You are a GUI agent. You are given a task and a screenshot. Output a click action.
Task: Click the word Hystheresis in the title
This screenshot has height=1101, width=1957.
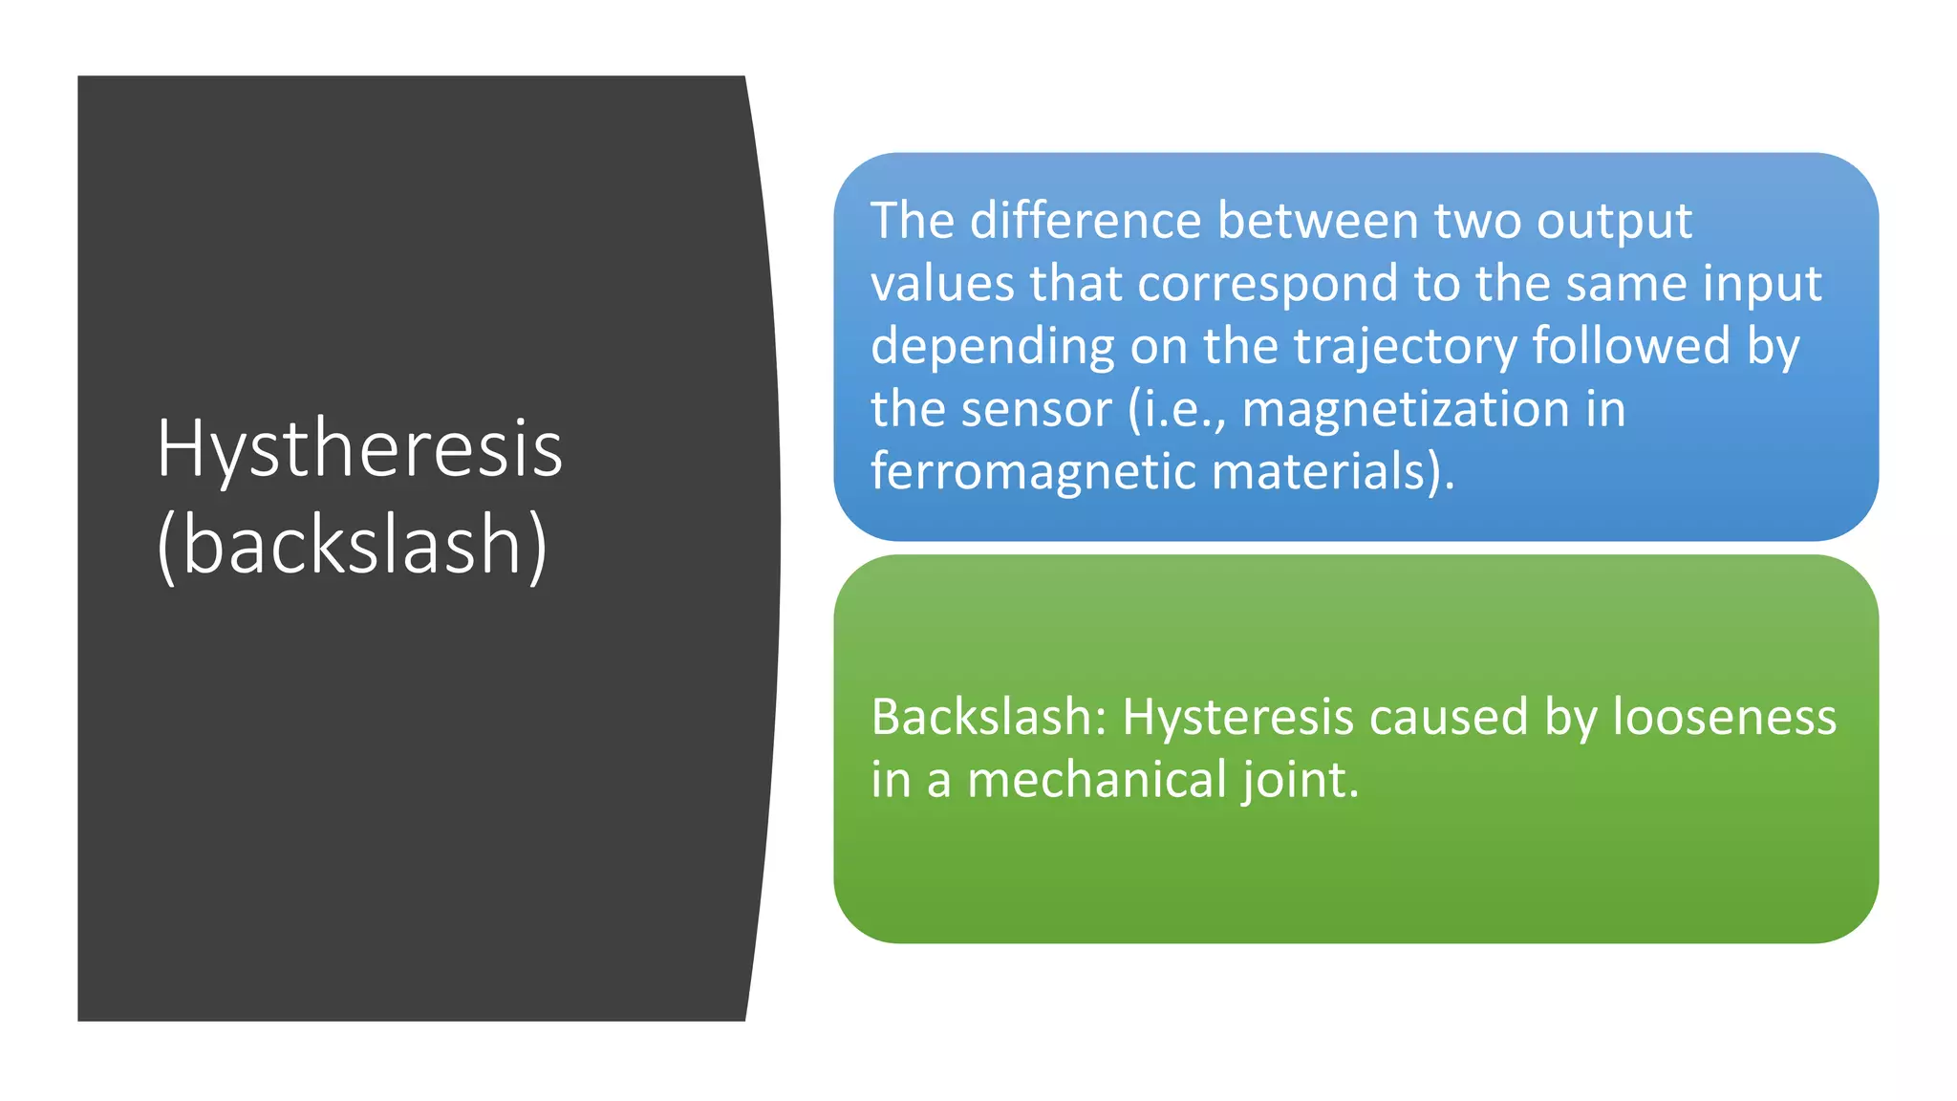coord(359,449)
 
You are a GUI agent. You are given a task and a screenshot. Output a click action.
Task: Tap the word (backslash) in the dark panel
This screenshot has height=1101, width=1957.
coord(353,545)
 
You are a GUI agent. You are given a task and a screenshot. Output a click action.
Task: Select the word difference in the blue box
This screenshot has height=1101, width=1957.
coord(1086,221)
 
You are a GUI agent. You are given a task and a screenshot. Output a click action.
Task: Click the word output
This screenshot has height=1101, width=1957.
coord(1614,223)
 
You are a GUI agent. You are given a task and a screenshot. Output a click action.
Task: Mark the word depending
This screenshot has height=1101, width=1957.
coord(993,348)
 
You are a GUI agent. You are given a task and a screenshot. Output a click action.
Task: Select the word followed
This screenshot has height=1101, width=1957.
coord(1631,346)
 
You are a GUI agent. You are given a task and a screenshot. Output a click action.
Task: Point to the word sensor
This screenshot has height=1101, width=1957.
coord(1036,410)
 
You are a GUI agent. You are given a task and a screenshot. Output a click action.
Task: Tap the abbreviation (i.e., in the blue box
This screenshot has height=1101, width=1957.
coord(1176,410)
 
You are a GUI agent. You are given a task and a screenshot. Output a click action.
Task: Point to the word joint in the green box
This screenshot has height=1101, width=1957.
coord(1300,780)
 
